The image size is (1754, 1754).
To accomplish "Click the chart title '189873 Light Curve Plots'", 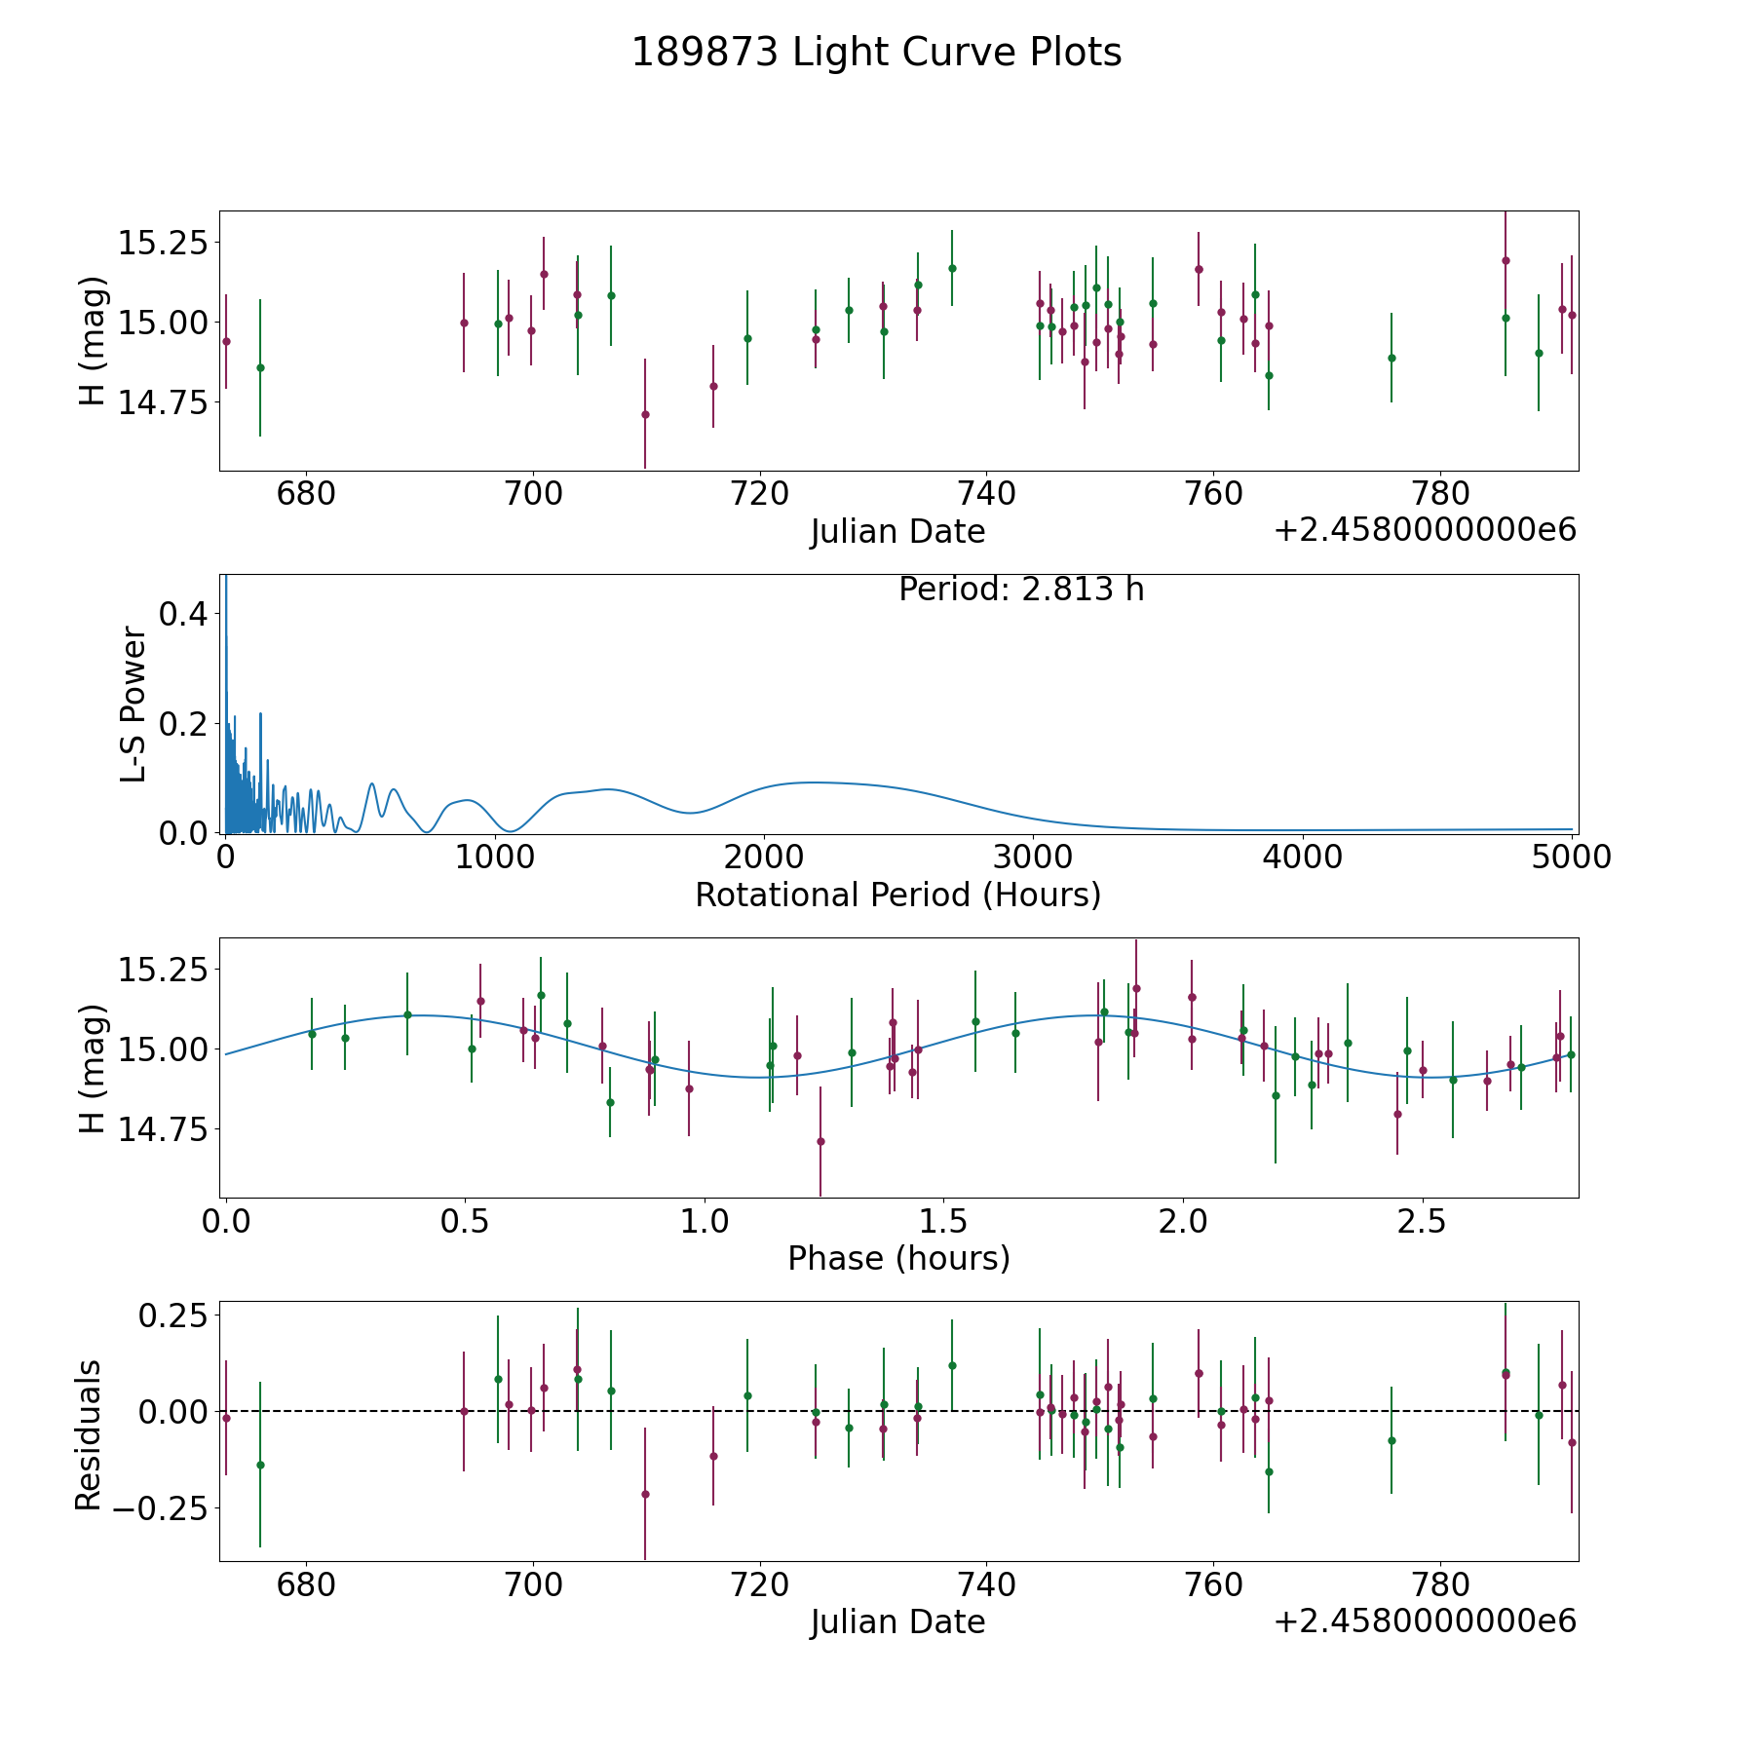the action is click(876, 53).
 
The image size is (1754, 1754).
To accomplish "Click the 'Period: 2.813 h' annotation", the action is click(1021, 590).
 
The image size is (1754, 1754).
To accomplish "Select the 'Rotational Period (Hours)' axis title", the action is click(897, 895).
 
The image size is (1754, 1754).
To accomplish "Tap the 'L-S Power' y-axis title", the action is click(133, 705).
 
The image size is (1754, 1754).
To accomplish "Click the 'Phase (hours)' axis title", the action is click(898, 1258).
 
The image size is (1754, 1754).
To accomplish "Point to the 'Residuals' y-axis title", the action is click(89, 1434).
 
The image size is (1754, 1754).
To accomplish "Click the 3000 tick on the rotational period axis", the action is click(1033, 857).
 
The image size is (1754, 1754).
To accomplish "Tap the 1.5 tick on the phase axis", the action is click(943, 1221).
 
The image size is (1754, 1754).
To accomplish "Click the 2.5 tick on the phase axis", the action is click(1422, 1221).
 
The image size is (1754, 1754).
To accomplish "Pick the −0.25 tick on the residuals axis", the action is click(161, 1507).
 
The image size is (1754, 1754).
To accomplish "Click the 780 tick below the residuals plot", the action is click(1440, 1584).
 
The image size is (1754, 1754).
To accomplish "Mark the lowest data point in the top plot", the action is click(645, 414).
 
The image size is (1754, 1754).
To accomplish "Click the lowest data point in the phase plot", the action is click(820, 1141).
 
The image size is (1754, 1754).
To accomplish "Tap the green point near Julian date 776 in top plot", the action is click(1392, 358).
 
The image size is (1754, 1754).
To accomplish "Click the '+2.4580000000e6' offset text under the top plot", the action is click(1425, 530).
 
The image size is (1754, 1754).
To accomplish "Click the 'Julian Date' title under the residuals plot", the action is click(897, 1621).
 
